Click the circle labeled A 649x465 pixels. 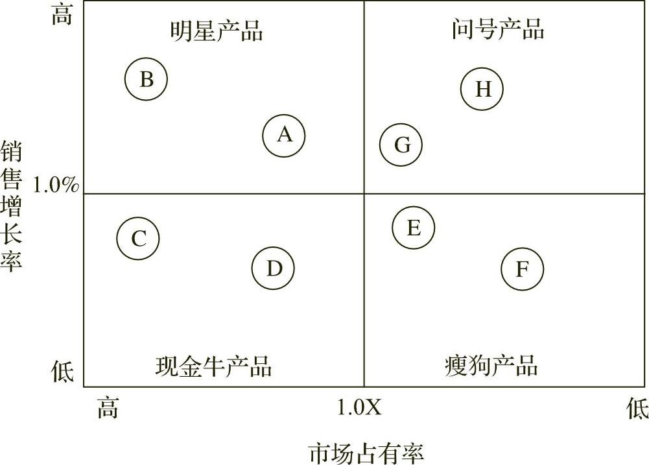pos(284,136)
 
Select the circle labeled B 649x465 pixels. pos(147,79)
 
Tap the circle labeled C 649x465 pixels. pos(138,238)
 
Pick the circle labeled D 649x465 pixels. pos(273,268)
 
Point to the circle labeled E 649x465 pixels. pos(413,228)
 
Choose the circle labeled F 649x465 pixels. pos(522,268)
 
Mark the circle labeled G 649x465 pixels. pos(401,145)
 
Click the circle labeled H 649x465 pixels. pos(482,89)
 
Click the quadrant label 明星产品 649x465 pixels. pos(217,30)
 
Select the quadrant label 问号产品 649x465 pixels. pos(498,29)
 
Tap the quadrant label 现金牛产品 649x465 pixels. pos(213,366)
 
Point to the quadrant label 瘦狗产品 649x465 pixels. pos(491,366)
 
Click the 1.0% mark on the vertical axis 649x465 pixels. pos(55,185)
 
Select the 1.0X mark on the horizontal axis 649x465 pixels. pos(359,407)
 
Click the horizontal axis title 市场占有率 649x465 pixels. pos(366,452)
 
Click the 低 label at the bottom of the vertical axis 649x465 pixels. pos(62,372)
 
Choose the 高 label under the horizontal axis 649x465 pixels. pos(108,409)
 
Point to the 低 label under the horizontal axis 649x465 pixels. pos(637,409)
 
